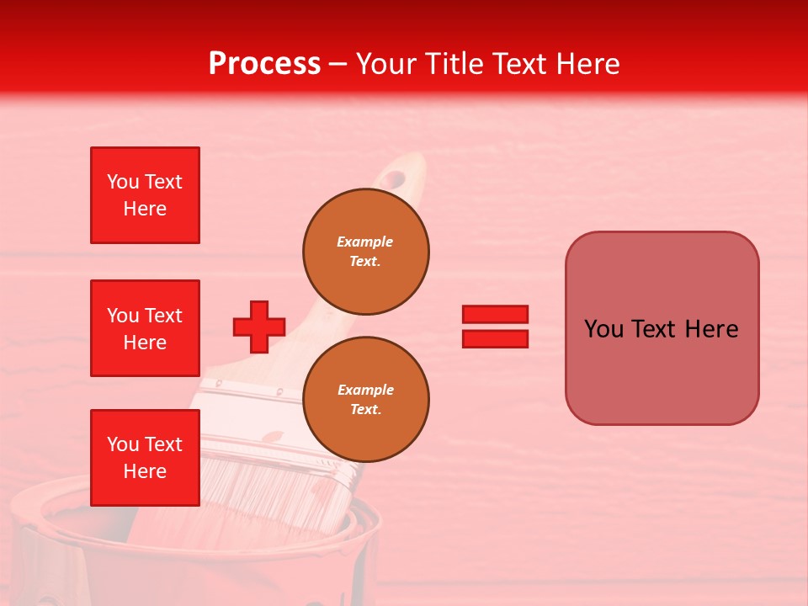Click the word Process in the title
[264, 64]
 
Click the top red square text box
[145, 195]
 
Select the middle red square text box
[145, 328]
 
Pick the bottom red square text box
[145, 457]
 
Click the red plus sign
[258, 327]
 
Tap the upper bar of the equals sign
[495, 315]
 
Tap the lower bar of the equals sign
[495, 338]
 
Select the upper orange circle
[365, 251]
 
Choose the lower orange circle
[365, 399]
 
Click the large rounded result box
[662, 328]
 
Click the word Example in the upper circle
[364, 242]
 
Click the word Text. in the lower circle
[364, 410]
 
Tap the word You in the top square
[123, 182]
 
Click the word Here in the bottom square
[145, 471]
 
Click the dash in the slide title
[338, 64]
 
